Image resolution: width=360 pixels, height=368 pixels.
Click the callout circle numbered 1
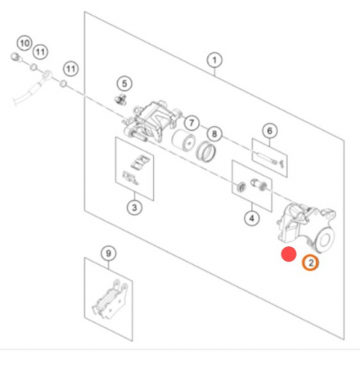coord(214,60)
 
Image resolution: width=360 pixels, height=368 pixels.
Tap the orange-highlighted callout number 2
coord(310,263)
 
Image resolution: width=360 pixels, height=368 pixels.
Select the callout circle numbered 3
coord(134,208)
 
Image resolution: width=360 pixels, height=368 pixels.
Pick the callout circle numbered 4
coord(252,218)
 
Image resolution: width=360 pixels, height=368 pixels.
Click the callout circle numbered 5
coord(124,83)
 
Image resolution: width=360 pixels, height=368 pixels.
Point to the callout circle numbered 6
coord(269,131)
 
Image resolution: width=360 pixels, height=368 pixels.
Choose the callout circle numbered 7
coord(191,123)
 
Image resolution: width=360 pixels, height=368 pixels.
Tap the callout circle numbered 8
coord(214,134)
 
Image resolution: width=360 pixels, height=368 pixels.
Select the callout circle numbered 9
coord(109,254)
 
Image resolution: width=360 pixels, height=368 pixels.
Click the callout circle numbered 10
coord(25,43)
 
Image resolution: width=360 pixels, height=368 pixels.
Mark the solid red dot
coord(289,254)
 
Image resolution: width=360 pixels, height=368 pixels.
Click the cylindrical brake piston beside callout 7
coord(184,141)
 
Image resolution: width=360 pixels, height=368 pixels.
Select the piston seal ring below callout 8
coord(206,152)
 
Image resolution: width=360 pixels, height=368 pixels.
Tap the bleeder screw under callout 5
coord(119,99)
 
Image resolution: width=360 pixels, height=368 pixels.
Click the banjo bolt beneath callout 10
coord(16,57)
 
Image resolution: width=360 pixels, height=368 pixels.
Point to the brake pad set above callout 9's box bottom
coord(110,300)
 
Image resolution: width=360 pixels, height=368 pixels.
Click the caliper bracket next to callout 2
coord(306,228)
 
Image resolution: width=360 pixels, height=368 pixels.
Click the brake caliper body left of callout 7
coord(150,120)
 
